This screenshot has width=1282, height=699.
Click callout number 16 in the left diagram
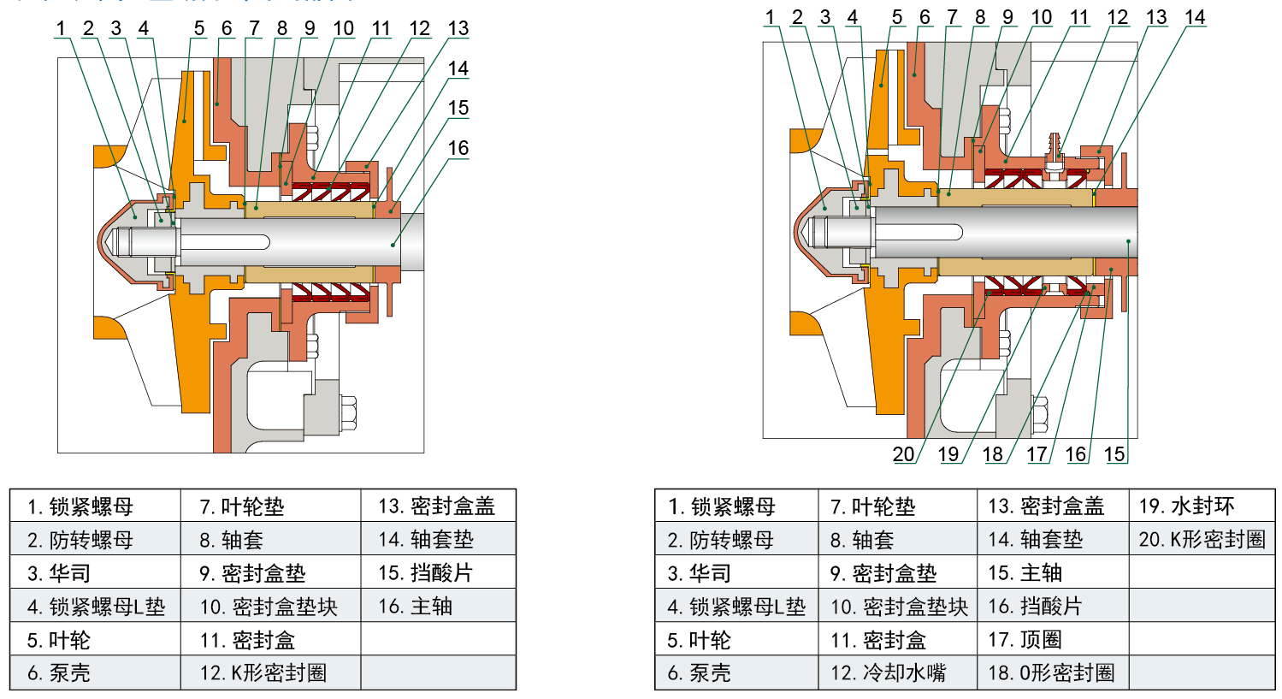click(x=458, y=148)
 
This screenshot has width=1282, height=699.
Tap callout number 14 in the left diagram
click(x=458, y=68)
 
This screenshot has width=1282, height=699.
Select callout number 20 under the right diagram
click(x=903, y=454)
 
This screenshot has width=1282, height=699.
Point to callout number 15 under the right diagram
click(x=1114, y=454)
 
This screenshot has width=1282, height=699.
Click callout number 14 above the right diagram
click(x=1195, y=17)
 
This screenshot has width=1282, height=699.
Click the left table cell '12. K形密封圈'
click(x=263, y=673)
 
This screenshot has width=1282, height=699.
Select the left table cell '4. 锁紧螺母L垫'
click(x=96, y=607)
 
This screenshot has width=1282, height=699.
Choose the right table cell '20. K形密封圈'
click(x=1202, y=540)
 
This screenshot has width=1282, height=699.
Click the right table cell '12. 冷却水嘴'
click(x=889, y=673)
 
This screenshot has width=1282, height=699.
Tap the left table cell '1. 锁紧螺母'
click(x=80, y=506)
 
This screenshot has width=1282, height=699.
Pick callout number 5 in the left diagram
click(x=199, y=28)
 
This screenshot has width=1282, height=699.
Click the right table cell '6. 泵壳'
click(x=700, y=673)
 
